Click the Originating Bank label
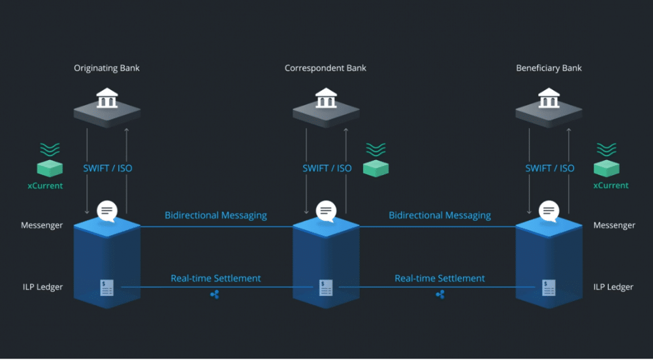[107, 68]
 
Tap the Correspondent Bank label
[326, 68]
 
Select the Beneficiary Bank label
[549, 68]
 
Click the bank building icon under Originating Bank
[107, 99]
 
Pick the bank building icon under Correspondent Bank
[326, 99]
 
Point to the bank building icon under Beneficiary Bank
[549, 99]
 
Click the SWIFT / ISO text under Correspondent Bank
[326, 168]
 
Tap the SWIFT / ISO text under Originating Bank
[107, 168]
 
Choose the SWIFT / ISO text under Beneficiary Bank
[550, 168]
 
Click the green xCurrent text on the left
[45, 186]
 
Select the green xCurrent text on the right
[611, 186]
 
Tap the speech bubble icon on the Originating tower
[107, 211]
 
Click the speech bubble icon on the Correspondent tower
[326, 211]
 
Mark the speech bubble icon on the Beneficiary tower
[549, 211]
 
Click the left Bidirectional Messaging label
[215, 215]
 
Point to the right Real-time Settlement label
[439, 278]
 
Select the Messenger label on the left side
[42, 225]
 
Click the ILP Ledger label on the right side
[613, 287]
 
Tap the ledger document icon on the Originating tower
[107, 287]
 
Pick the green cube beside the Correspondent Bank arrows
[375, 169]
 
